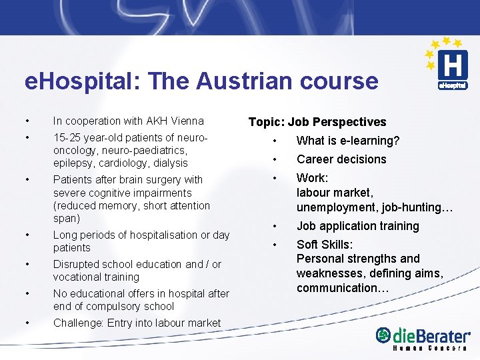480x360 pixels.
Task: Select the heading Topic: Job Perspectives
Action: coord(317,122)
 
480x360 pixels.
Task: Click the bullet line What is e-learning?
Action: coord(348,141)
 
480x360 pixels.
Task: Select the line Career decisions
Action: coord(341,159)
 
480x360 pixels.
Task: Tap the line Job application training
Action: coord(357,226)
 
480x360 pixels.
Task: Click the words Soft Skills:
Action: coord(325,245)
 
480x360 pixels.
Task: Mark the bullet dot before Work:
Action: coord(273,178)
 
